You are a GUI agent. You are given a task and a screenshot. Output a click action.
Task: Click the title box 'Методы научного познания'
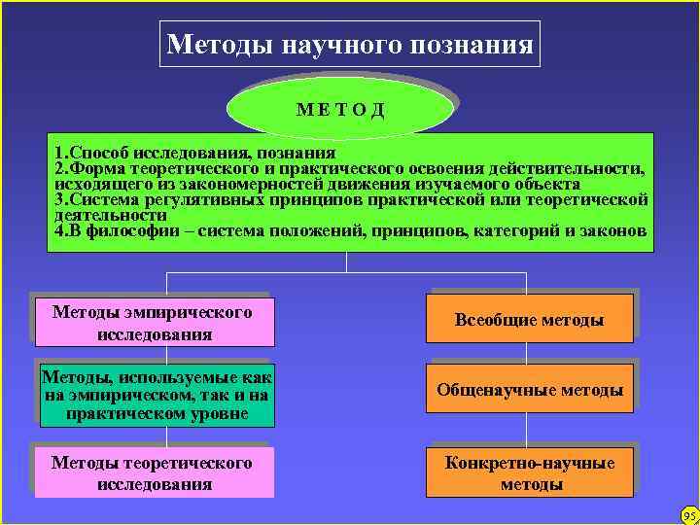click(x=349, y=46)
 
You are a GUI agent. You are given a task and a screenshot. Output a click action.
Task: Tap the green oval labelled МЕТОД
click(x=340, y=106)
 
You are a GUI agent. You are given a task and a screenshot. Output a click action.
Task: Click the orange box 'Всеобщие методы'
click(x=530, y=320)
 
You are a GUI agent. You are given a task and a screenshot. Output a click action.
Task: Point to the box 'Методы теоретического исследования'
click(x=152, y=473)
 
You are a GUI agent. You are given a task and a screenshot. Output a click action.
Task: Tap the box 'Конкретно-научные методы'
click(x=530, y=473)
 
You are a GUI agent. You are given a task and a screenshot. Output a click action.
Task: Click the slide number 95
click(x=690, y=515)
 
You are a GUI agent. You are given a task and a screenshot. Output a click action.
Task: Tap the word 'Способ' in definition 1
click(x=96, y=153)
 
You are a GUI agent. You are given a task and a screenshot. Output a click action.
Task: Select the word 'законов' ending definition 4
click(x=613, y=231)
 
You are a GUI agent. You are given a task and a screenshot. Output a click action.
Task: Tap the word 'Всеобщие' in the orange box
click(x=492, y=320)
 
